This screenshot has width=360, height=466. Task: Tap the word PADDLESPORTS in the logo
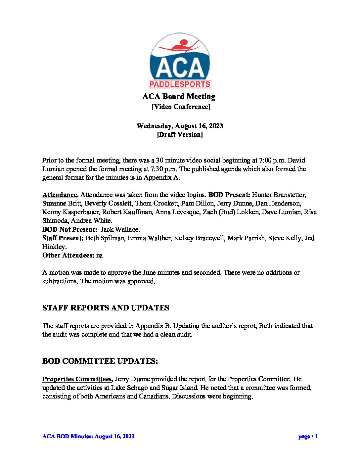180,84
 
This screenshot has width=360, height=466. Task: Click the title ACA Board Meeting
179,96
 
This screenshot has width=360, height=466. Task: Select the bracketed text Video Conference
181,107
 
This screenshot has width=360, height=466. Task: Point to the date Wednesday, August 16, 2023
180,126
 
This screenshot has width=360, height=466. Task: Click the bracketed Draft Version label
180,134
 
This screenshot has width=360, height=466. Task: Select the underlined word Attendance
60,195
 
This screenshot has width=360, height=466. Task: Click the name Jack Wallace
120,229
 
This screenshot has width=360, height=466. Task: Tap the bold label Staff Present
63,238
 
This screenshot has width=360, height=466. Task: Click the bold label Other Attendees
68,255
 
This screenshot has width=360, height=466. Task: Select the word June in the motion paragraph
149,272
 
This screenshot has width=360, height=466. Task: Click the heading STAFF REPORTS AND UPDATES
106,308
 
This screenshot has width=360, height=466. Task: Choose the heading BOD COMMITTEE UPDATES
100,361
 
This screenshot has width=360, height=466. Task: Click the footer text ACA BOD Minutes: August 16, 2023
88,436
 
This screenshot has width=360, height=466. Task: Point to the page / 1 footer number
308,436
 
